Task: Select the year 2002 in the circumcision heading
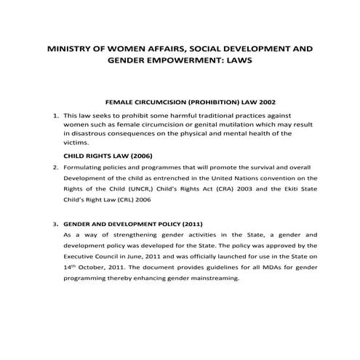pos(265,103)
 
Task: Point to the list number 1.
pos(55,115)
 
